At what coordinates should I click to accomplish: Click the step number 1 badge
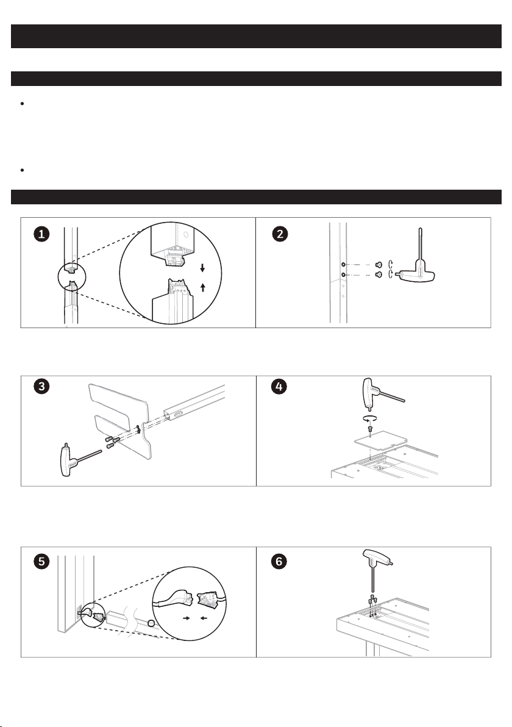tap(41, 234)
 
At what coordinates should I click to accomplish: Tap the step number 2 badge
tap(279, 234)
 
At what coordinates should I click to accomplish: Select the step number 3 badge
tap(41, 386)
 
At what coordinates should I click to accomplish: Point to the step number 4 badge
tap(279, 386)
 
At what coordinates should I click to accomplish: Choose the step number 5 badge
tap(41, 562)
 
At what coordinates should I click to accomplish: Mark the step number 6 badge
tap(279, 562)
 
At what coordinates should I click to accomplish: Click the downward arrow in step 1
tap(202, 268)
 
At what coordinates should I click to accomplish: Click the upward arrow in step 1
tap(202, 287)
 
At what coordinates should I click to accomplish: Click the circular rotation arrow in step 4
tap(370, 418)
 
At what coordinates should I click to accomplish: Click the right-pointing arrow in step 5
tap(187, 618)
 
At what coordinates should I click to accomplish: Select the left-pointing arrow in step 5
tap(204, 618)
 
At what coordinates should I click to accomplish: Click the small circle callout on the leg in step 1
tap(72, 278)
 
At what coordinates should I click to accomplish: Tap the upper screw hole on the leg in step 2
tap(343, 264)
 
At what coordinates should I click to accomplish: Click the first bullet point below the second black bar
tap(22, 104)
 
